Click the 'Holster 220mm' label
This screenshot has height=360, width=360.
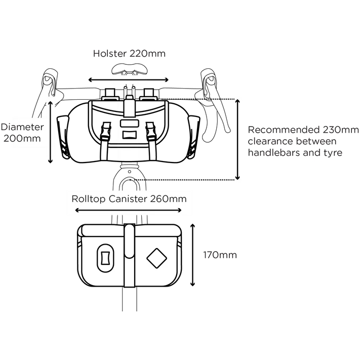129,54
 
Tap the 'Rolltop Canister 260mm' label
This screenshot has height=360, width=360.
129,199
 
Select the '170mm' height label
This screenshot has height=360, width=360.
220,255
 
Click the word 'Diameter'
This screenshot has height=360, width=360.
22,127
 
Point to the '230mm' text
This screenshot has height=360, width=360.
341,130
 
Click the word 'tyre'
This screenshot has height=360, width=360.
333,153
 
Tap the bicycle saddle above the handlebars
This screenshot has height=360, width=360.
129,69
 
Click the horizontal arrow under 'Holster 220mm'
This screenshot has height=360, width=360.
129,80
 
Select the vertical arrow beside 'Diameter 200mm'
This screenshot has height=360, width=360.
50,132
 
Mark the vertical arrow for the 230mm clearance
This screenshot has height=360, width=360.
237,140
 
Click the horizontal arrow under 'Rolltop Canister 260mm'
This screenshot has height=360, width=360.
128,210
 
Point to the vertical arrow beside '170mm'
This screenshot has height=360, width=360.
192,255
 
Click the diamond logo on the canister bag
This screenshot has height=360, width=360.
156,258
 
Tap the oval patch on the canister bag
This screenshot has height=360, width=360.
105,258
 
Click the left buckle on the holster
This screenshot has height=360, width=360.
106,131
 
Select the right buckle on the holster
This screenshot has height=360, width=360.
150,131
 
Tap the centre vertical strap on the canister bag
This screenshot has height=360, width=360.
129,255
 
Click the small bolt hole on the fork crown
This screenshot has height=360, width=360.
130,172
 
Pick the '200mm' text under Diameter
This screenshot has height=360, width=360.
22,139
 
